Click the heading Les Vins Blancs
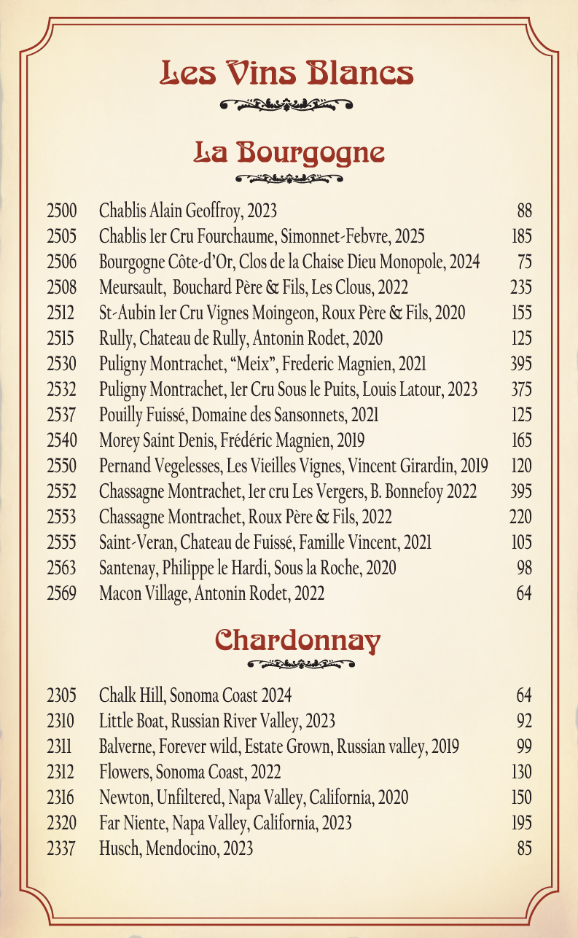pyautogui.click(x=288, y=73)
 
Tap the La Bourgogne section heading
pyautogui.click(x=289, y=152)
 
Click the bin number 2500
pyautogui.click(x=61, y=212)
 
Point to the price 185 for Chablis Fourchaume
pyautogui.click(x=521, y=237)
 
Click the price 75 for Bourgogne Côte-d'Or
pyautogui.click(x=524, y=262)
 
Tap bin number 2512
pyautogui.click(x=61, y=313)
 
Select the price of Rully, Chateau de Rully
pyautogui.click(x=521, y=339)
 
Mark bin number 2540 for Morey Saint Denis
pyautogui.click(x=61, y=441)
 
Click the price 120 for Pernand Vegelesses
pyautogui.click(x=521, y=466)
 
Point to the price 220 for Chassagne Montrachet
pyautogui.click(x=520, y=517)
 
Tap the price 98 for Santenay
pyautogui.click(x=524, y=568)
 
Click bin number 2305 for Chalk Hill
pyautogui.click(x=61, y=695)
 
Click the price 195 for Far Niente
pyautogui.click(x=521, y=823)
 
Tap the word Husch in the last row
pyautogui.click(x=117, y=848)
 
